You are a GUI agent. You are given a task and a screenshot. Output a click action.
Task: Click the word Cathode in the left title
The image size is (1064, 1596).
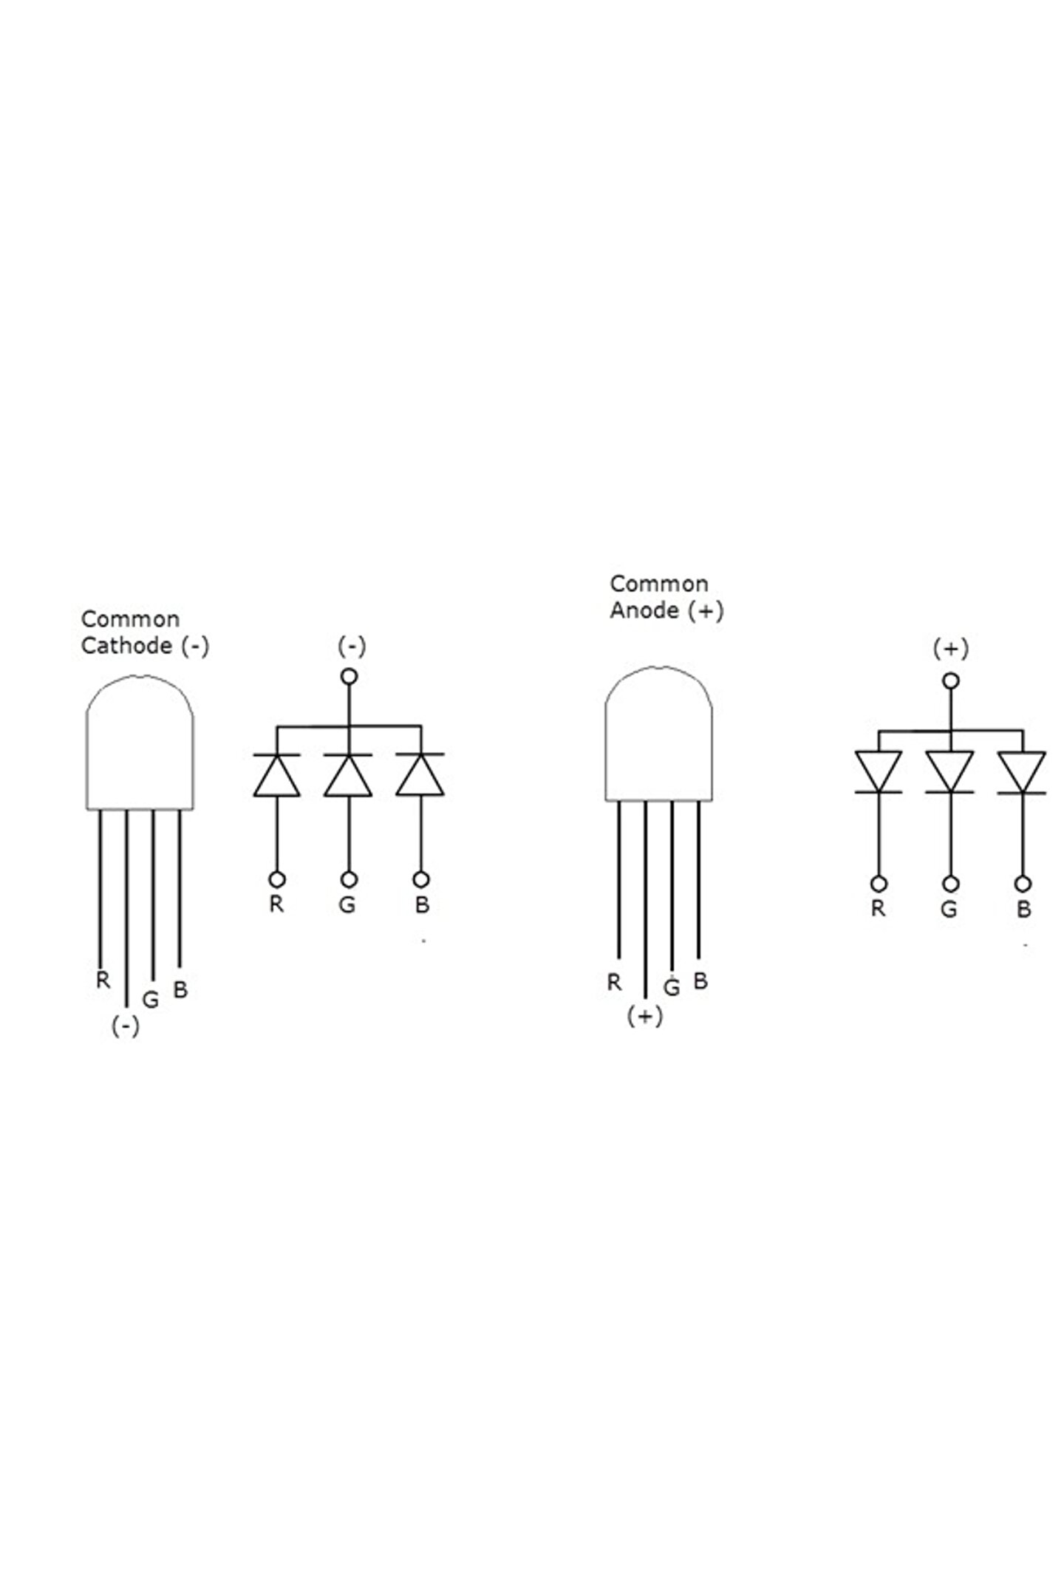coord(126,646)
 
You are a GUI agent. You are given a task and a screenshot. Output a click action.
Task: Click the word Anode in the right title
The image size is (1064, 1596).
coord(644,611)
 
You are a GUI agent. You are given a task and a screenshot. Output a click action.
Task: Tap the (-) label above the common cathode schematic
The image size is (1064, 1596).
coord(352,646)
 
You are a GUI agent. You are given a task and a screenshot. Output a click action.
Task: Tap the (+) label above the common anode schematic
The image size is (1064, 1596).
coord(950,649)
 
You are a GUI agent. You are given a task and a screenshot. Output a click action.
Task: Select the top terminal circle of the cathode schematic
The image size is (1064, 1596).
coord(349,676)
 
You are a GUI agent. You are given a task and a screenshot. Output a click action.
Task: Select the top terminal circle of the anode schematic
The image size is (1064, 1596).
coord(952,681)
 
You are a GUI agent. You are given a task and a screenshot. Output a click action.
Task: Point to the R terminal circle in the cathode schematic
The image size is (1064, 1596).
coord(277,879)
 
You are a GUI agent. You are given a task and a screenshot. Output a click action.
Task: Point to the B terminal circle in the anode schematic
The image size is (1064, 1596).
coord(1023,884)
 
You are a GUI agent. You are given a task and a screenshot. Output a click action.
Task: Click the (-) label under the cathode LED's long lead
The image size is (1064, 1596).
coord(125,1026)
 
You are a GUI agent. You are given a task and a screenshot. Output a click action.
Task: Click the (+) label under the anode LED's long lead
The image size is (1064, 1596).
coord(644,1017)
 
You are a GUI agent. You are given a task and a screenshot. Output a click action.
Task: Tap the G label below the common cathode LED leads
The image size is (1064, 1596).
coord(151,1000)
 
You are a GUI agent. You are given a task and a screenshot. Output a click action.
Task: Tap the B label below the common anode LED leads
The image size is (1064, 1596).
coord(700,981)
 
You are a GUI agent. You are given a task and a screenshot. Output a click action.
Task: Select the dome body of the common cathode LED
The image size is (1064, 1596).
coord(140,746)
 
